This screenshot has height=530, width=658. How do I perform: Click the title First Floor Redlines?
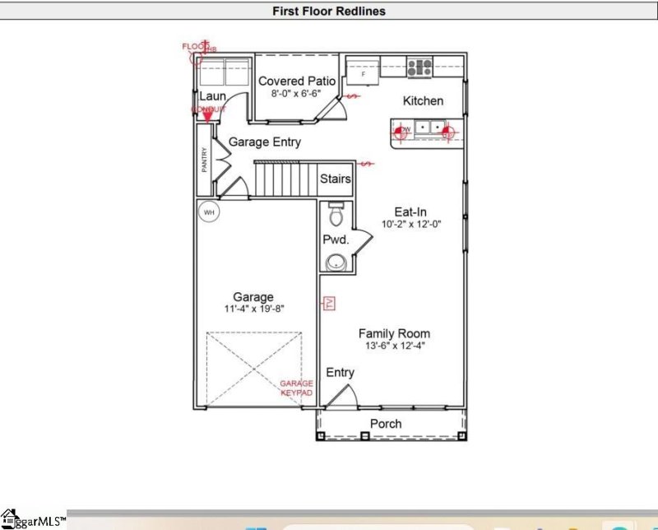(329, 12)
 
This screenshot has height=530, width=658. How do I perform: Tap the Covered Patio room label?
(297, 81)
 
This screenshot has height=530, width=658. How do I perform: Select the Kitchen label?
(423, 100)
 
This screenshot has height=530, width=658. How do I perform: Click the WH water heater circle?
(209, 212)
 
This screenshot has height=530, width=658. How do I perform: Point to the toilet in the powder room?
(335, 216)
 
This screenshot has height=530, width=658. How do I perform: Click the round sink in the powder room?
(336, 263)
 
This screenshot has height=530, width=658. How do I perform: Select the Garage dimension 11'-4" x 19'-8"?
(253, 309)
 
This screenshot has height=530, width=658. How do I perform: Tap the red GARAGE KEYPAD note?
(296, 388)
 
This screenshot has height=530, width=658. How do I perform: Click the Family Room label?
(394, 333)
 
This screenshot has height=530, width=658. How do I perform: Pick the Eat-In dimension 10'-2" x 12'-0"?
(412, 224)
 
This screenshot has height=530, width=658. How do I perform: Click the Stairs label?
(336, 179)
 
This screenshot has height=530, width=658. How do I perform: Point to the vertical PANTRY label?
(204, 159)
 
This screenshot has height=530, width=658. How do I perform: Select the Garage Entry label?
(264, 142)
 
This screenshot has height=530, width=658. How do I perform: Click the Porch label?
(386, 424)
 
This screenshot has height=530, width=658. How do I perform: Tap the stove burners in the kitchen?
(420, 67)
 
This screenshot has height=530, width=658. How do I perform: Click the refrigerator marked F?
(362, 72)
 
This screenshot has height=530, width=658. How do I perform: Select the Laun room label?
(211, 96)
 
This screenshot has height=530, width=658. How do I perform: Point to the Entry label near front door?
(340, 372)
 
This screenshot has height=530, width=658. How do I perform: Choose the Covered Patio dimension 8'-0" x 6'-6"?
(297, 94)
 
